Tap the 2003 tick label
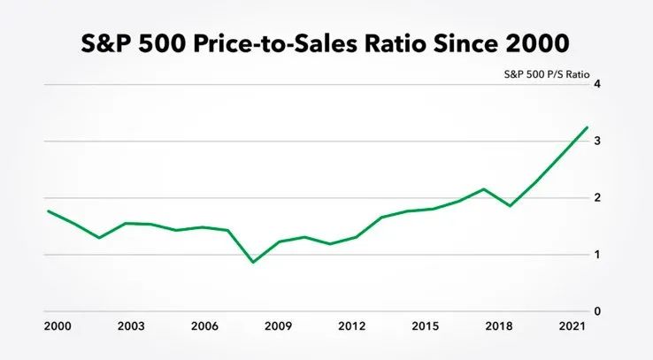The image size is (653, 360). point(130,326)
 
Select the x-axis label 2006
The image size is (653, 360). point(204,326)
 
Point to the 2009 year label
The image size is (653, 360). point(278,326)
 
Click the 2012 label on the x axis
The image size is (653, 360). point(352,326)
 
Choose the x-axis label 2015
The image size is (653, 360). point(426,326)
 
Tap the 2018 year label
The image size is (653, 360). point(500,326)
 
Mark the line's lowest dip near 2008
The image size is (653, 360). point(253,262)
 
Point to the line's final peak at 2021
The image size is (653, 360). point(587,127)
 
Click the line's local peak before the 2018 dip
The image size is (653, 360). point(484,188)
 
